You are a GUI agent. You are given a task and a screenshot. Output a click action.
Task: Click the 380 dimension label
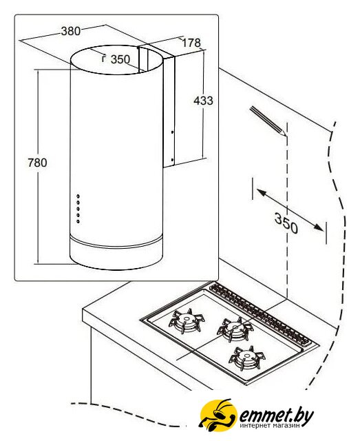click(71, 30)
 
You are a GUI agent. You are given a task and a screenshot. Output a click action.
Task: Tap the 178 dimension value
click(191, 43)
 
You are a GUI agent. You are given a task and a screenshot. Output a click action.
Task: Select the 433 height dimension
click(203, 101)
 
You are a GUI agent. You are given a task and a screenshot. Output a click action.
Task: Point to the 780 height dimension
click(37, 163)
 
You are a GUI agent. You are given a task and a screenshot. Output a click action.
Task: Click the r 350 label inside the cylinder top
click(116, 59)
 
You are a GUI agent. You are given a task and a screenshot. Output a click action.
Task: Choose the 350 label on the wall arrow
click(286, 223)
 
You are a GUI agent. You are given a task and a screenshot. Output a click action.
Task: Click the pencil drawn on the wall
click(268, 121)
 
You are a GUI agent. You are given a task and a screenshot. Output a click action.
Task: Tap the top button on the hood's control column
click(78, 196)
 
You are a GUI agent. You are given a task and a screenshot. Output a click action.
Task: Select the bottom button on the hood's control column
click(78, 222)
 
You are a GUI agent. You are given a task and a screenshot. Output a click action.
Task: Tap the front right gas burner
click(247, 358)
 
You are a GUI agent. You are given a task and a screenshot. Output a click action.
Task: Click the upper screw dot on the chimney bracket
click(172, 132)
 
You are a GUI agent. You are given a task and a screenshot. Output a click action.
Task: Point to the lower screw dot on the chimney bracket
click(172, 160)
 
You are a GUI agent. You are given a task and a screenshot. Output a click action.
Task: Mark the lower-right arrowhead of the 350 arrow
click(319, 227)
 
